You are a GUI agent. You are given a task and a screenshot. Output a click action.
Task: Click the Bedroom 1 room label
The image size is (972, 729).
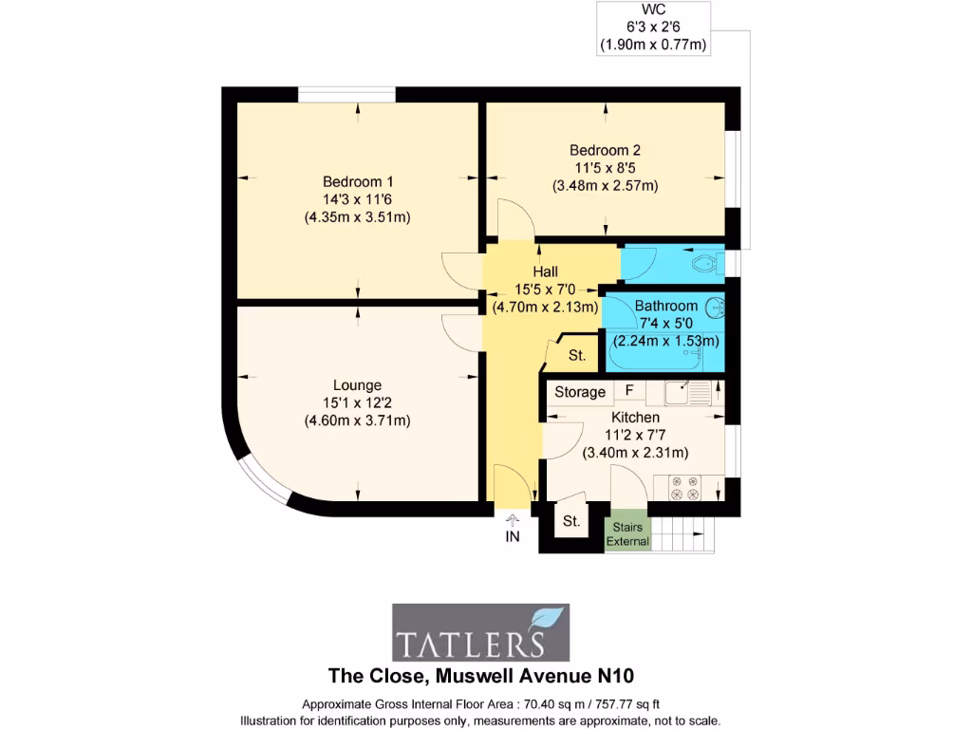pyautogui.click(x=357, y=181)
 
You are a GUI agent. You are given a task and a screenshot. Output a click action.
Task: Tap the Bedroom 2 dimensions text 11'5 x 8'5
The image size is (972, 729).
pyautogui.click(x=605, y=168)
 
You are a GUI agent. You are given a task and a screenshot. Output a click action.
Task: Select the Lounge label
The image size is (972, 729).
pyautogui.click(x=357, y=385)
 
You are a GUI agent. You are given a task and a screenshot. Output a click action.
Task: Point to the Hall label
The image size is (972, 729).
pyautogui.click(x=545, y=271)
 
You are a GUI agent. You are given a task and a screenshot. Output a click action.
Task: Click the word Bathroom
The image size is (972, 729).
pyautogui.click(x=665, y=306)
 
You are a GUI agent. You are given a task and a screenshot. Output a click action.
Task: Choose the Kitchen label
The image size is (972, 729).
pyautogui.click(x=635, y=417)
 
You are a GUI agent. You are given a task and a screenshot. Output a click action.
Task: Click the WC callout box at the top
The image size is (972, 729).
pyautogui.click(x=653, y=28)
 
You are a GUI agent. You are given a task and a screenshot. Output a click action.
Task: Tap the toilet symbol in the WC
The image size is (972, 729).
pyautogui.click(x=704, y=262)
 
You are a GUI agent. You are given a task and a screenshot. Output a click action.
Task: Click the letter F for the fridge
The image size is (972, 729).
pyautogui.click(x=628, y=390)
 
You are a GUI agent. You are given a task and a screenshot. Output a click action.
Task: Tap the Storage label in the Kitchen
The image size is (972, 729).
pyautogui.click(x=580, y=392)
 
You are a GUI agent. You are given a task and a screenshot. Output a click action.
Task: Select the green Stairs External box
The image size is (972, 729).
pyautogui.click(x=628, y=534)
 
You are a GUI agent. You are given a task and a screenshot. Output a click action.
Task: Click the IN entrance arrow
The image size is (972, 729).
pyautogui.click(x=513, y=528)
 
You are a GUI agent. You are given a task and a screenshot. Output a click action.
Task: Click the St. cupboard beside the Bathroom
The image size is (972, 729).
pyautogui.click(x=576, y=356)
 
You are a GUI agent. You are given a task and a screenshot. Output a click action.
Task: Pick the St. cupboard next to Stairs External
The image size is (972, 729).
pyautogui.click(x=571, y=521)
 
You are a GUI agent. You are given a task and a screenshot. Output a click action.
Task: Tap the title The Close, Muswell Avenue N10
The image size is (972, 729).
pyautogui.click(x=480, y=676)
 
